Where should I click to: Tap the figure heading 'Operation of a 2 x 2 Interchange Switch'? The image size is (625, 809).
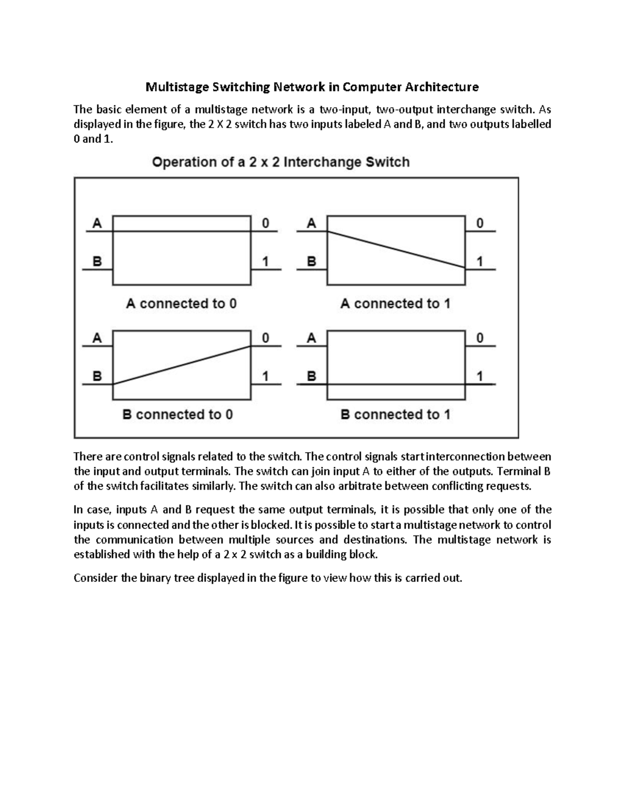(x=281, y=162)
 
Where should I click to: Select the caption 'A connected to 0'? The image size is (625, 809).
(x=181, y=303)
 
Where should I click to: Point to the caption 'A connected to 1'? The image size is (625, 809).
(x=395, y=303)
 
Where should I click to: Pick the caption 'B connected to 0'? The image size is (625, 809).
(x=178, y=415)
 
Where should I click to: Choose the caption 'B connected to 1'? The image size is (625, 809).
(x=395, y=415)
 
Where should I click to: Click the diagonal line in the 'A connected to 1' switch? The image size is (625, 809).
(x=396, y=249)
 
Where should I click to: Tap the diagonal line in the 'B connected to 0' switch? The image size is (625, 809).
(x=182, y=365)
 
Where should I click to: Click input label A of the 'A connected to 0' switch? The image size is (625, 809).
(x=97, y=223)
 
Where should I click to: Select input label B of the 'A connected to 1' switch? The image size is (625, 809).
(x=311, y=262)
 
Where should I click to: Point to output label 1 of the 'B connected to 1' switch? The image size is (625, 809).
(x=480, y=376)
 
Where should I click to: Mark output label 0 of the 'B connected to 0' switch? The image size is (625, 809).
(x=266, y=338)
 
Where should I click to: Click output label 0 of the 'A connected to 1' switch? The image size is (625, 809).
(x=480, y=223)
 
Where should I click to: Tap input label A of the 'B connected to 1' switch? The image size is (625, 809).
(x=311, y=338)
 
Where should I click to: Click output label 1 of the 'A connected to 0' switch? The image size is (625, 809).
(x=266, y=262)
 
